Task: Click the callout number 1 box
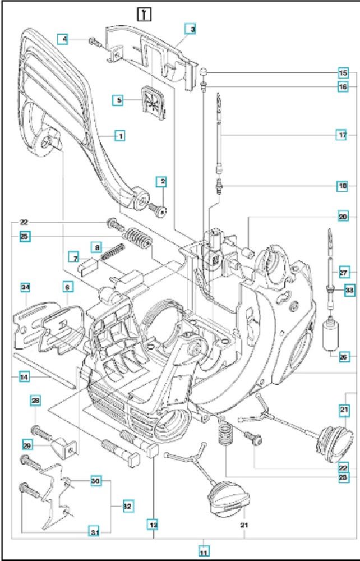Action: coord(119,135)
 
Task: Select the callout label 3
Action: coord(191,29)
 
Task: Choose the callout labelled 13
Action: coord(153,524)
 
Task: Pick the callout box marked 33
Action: coord(349,290)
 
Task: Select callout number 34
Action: coord(25,288)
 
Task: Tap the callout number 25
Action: coord(25,236)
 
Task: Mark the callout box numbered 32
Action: coord(128,506)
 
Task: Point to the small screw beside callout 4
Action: coord(93,40)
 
